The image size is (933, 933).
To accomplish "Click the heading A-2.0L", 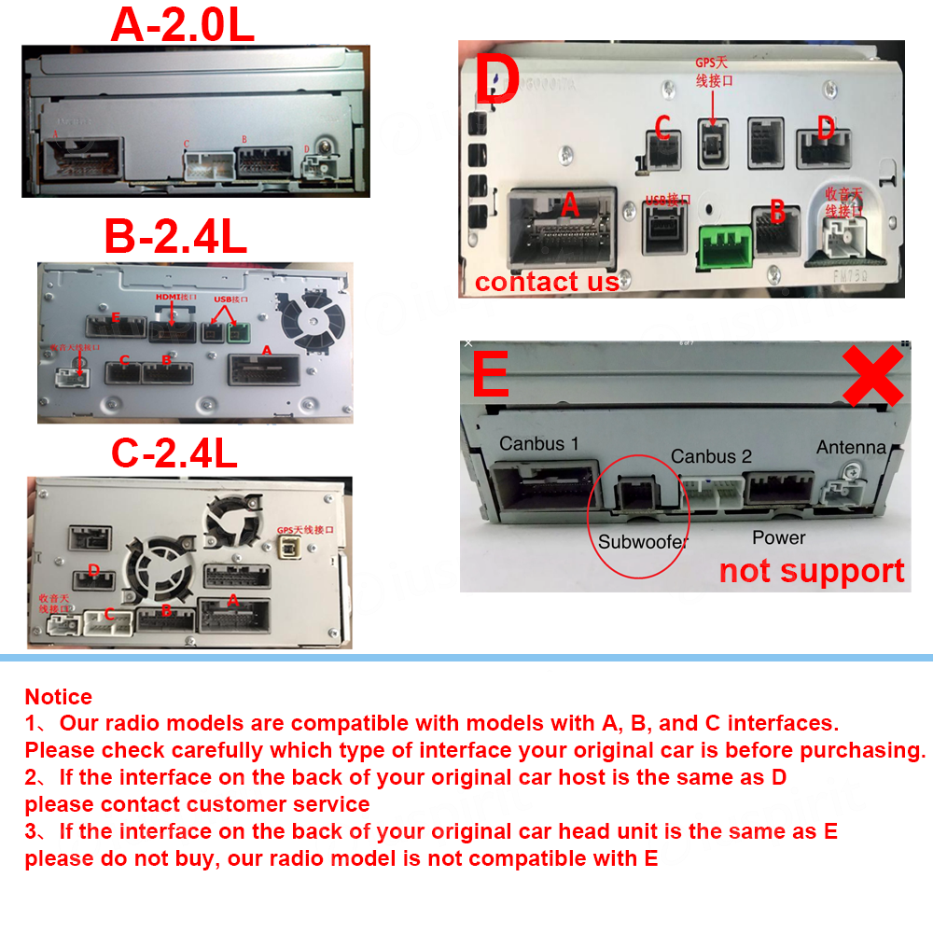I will pyautogui.click(x=182, y=25).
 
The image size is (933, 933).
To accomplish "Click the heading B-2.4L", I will pyautogui.click(x=175, y=237).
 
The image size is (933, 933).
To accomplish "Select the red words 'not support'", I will pyautogui.click(x=812, y=570).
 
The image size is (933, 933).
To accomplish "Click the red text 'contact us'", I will pyautogui.click(x=547, y=281).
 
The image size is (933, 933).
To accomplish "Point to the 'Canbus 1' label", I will pyautogui.click(x=538, y=444).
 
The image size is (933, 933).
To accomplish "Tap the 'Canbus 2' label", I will pyautogui.click(x=711, y=456).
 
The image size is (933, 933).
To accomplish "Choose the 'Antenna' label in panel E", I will pyautogui.click(x=851, y=448).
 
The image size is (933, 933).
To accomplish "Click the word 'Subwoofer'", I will pyautogui.click(x=643, y=541).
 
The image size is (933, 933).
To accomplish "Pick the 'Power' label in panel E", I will pyautogui.click(x=778, y=537).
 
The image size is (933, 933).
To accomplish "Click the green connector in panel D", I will pyautogui.click(x=724, y=246).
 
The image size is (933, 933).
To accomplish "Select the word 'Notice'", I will pyautogui.click(x=58, y=697).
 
